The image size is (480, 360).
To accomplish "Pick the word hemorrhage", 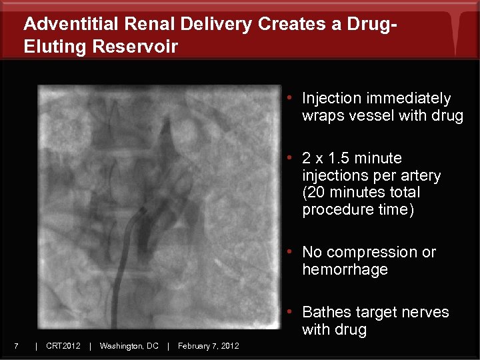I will coord(345,270).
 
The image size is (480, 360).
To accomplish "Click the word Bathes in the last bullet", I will coord(325,313).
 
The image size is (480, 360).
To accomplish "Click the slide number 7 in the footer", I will coord(15,345).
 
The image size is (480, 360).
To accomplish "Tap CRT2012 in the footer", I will coord(63,345).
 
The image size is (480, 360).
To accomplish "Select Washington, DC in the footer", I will coord(129,345).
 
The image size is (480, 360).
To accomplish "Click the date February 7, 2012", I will coord(208,345).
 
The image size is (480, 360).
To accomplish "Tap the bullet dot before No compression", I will coord(291,253).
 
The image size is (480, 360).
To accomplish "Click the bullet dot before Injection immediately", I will coord(291,99).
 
